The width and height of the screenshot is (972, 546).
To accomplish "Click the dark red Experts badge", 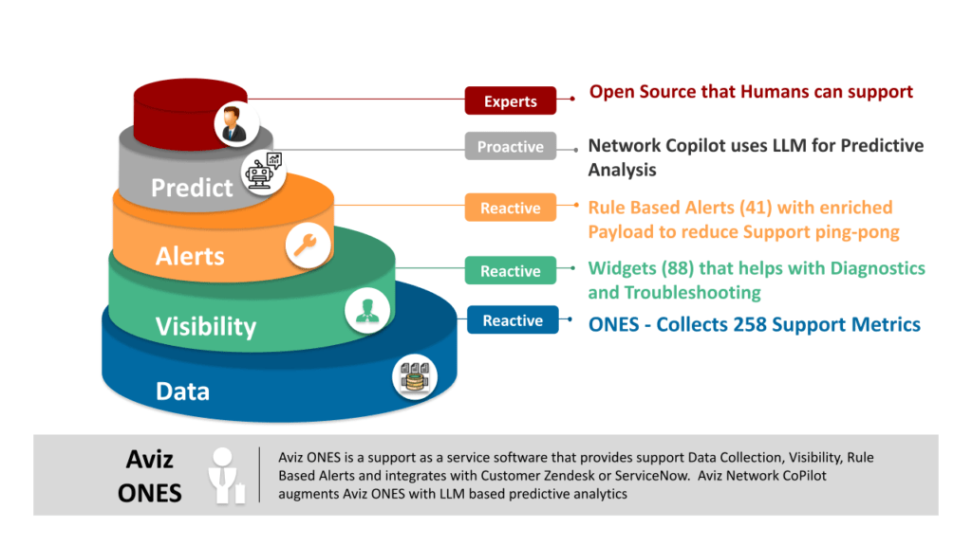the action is tap(510, 100).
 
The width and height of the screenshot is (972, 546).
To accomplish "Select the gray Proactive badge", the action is tap(510, 146).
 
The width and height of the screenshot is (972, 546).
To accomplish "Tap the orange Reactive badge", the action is tap(510, 208).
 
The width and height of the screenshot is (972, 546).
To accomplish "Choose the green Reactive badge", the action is tap(510, 270).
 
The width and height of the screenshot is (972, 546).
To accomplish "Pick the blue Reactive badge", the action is tap(513, 320).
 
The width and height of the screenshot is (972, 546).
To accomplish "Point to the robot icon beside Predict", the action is tap(263, 172).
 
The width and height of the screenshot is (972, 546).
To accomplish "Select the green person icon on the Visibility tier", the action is tap(367, 310).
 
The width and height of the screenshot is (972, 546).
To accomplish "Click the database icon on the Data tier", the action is tap(415, 377).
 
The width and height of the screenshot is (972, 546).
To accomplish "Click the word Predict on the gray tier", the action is tap(192, 188).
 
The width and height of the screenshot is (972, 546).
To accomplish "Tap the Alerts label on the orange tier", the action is tap(190, 256).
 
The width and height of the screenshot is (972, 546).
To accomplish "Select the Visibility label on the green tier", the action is tap(206, 327).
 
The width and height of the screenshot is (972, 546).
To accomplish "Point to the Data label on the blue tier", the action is tap(182, 391).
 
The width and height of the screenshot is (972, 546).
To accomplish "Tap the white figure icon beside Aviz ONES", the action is tap(226, 476).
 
